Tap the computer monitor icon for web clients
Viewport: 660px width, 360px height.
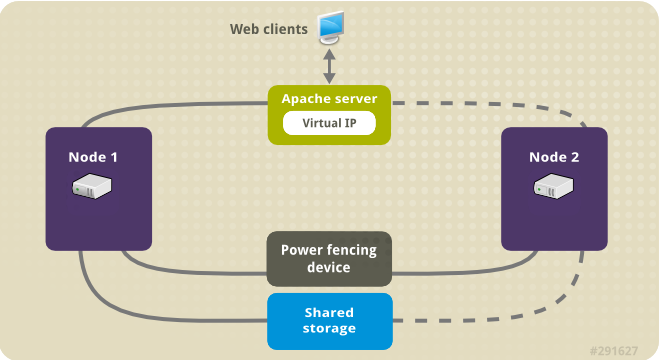point(330,29)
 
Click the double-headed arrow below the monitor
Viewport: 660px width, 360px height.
point(330,66)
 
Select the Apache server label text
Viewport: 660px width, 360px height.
point(329,99)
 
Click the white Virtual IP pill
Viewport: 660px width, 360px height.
point(329,124)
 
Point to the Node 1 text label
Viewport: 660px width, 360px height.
point(98,157)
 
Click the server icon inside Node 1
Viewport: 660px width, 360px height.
point(98,188)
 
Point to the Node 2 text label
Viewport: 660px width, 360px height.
point(553,157)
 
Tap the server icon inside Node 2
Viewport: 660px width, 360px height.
point(553,188)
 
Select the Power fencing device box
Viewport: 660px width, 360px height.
point(329,259)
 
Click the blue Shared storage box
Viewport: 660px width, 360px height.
point(329,321)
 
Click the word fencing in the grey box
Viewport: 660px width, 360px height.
point(350,251)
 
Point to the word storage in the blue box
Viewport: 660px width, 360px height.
point(329,328)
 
